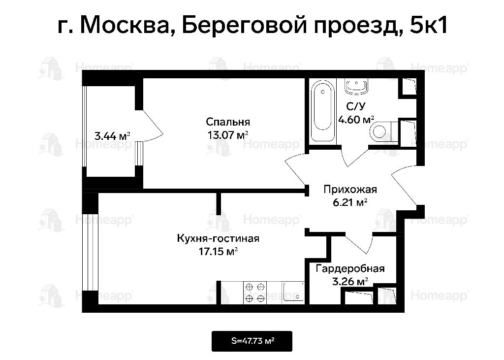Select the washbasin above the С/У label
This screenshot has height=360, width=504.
click(x=356, y=86)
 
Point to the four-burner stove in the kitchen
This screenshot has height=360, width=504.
click(x=255, y=293)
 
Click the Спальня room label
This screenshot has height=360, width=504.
click(x=228, y=122)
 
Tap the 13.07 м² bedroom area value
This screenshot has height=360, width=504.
click(x=228, y=135)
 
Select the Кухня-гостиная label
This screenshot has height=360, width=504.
click(x=218, y=238)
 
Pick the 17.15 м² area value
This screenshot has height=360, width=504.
click(x=218, y=251)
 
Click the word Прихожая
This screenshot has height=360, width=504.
click(x=350, y=190)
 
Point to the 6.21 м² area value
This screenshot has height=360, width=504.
click(x=350, y=203)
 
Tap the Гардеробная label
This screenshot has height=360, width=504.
click(x=350, y=268)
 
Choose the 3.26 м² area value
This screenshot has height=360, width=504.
click(x=350, y=282)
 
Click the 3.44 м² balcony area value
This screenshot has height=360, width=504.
click(x=112, y=136)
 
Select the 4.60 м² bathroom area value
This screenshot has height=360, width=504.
click(x=356, y=120)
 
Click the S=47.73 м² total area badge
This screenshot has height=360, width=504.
click(x=252, y=341)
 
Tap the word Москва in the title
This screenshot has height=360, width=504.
click(x=125, y=25)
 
